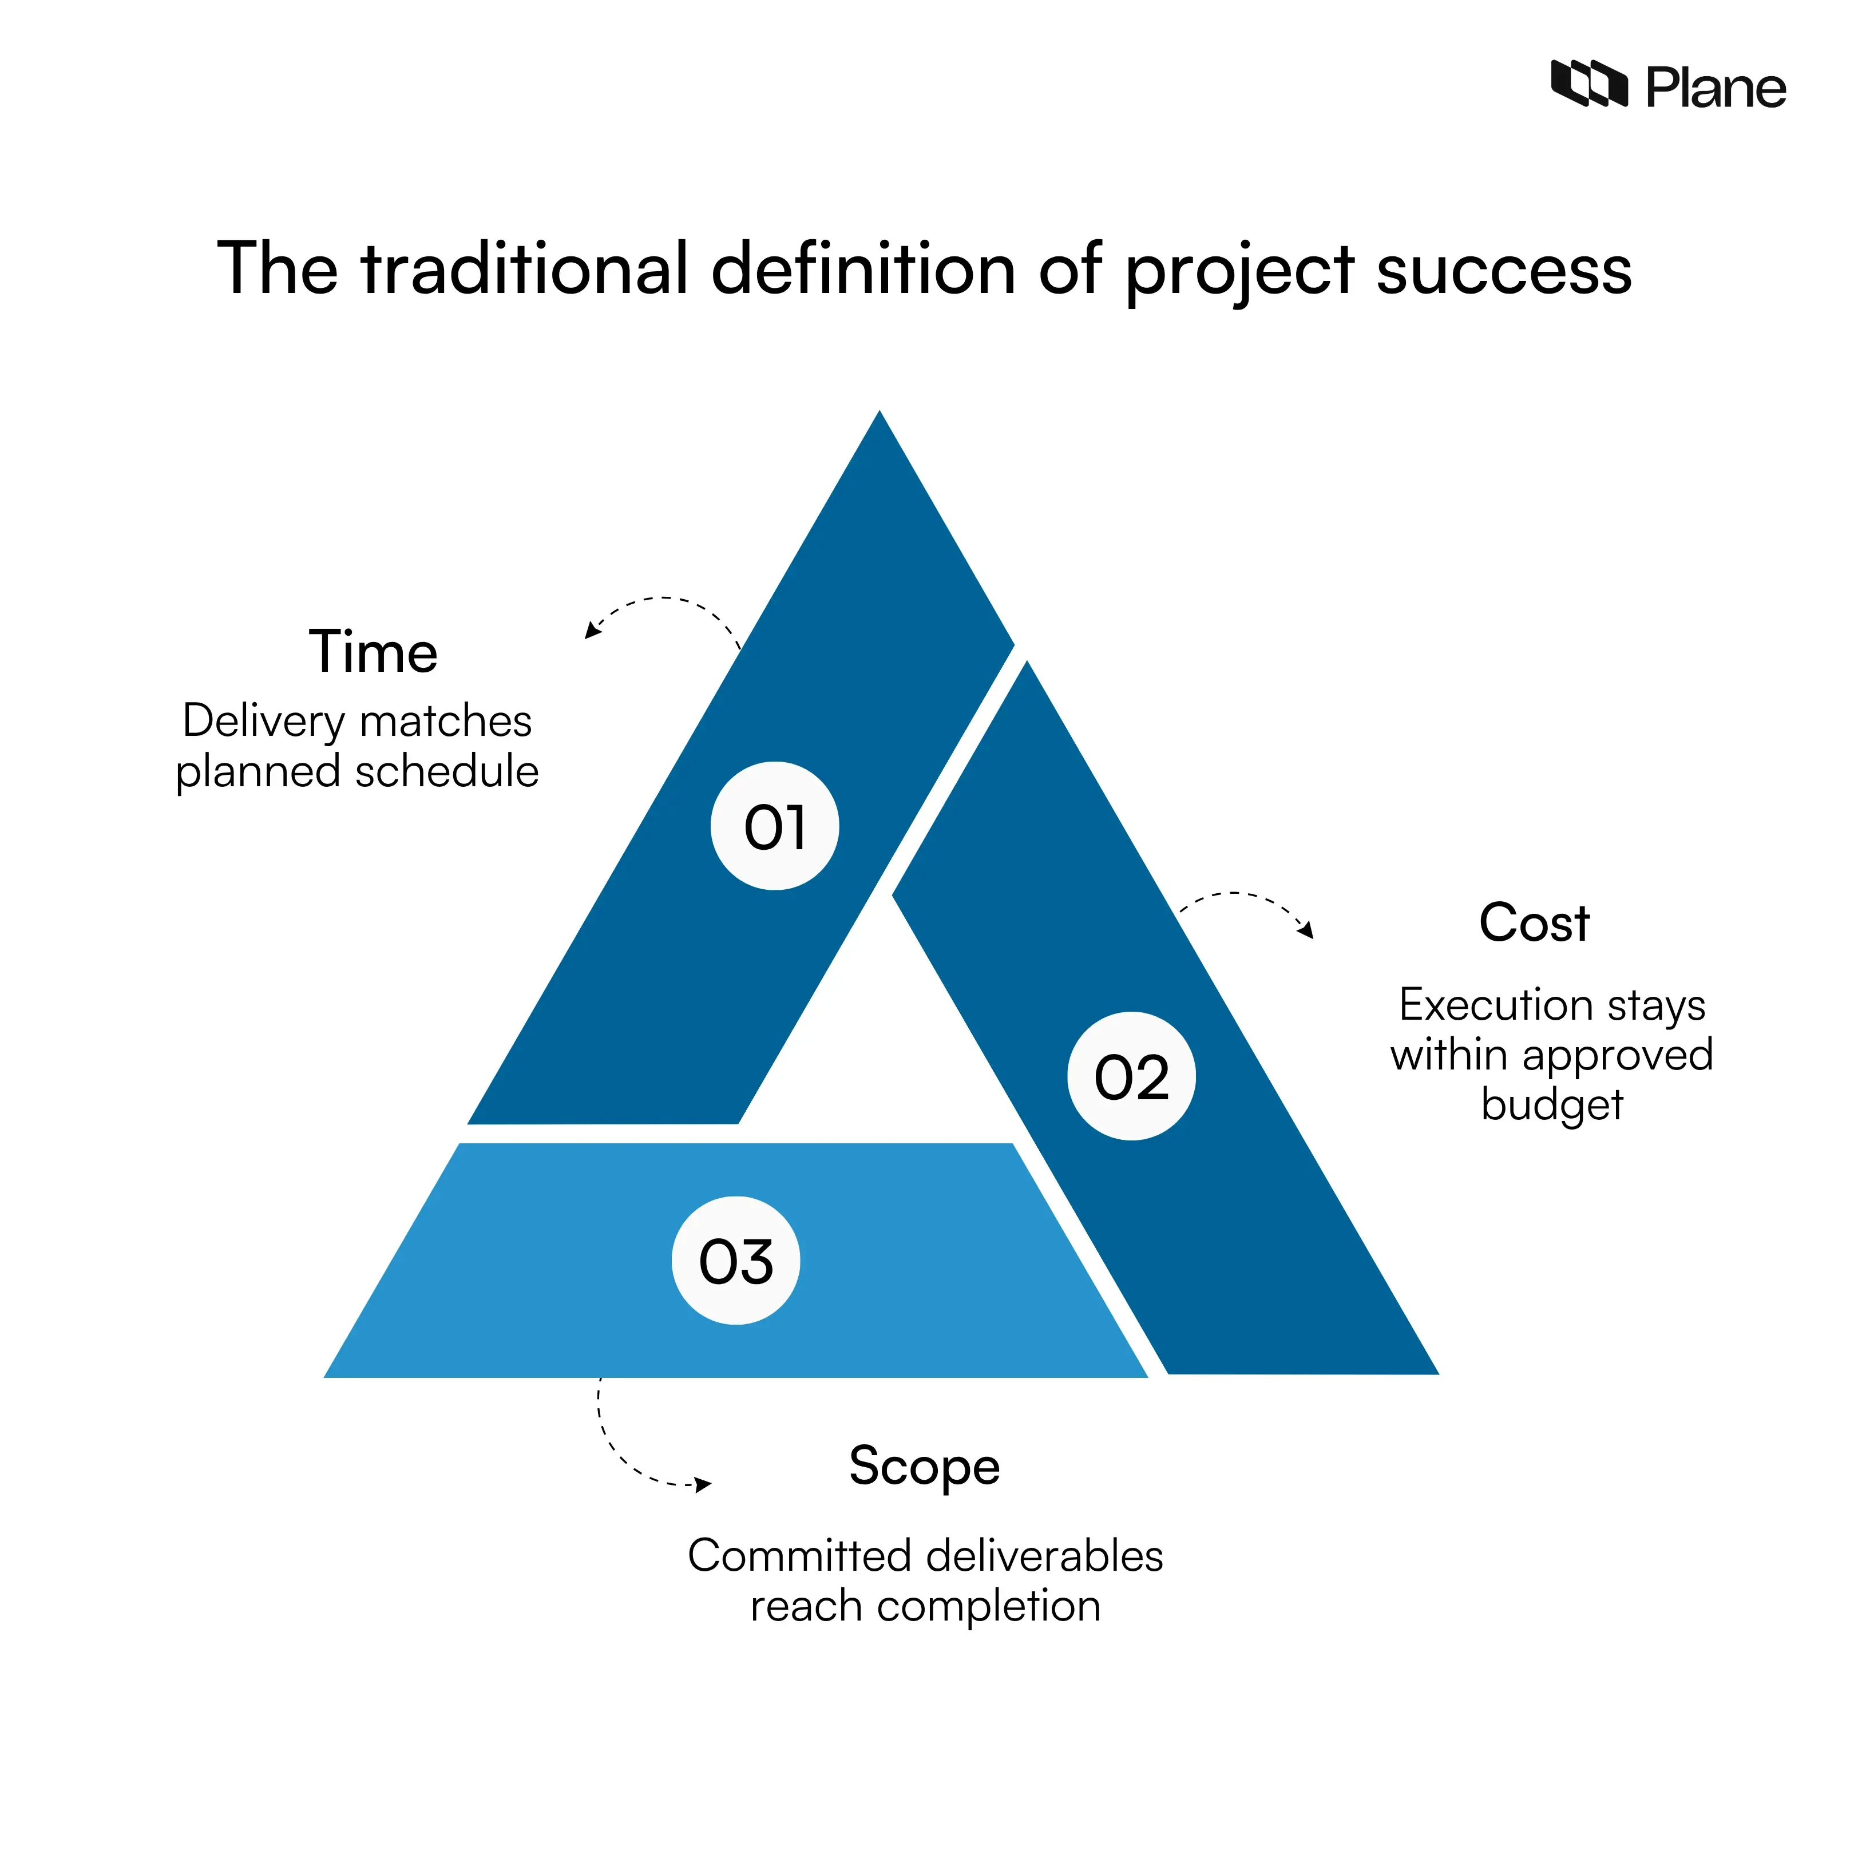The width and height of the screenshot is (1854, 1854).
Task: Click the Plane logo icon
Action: point(1588,85)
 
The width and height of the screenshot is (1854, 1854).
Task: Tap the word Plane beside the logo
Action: point(1716,88)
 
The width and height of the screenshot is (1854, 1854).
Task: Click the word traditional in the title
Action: point(525,269)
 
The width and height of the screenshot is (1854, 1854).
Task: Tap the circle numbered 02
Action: point(1131,1076)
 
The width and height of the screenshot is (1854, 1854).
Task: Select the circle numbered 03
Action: point(735,1260)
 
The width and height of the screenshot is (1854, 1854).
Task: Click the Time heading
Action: point(373,652)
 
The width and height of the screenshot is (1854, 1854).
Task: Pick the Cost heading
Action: point(1534,923)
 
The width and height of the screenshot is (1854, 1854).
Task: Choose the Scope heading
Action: point(924,1466)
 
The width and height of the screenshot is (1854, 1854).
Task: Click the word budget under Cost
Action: point(1552,1104)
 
